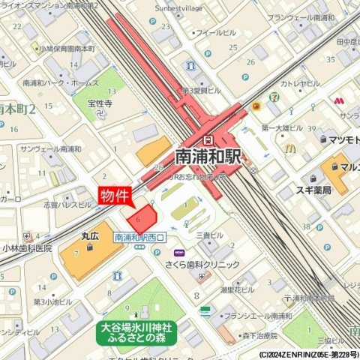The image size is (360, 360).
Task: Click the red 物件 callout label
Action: [x=115, y=195]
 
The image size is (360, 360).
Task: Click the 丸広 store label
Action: [x=91, y=235]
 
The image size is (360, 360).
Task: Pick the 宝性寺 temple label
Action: [x=99, y=103]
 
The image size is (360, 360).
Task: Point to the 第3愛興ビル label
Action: [x=202, y=89]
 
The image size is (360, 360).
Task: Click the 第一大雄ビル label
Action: [x=282, y=128]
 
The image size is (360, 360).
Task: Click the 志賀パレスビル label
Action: [x=67, y=204]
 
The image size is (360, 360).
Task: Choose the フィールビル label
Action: [x=217, y=34]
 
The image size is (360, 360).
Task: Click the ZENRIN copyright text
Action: [x=308, y=355]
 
